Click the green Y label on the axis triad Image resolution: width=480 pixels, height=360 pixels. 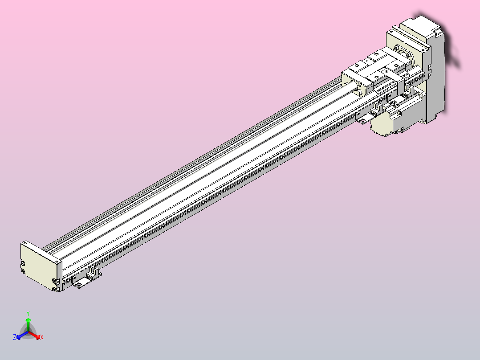(x=28, y=313)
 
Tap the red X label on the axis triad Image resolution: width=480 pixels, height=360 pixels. (x=42, y=338)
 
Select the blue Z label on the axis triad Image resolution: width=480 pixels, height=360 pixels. (x=15, y=338)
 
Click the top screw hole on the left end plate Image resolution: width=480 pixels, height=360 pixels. (x=26, y=244)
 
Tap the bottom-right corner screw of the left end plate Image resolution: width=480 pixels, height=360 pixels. (x=55, y=290)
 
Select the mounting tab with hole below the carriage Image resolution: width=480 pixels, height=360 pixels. (x=362, y=119)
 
